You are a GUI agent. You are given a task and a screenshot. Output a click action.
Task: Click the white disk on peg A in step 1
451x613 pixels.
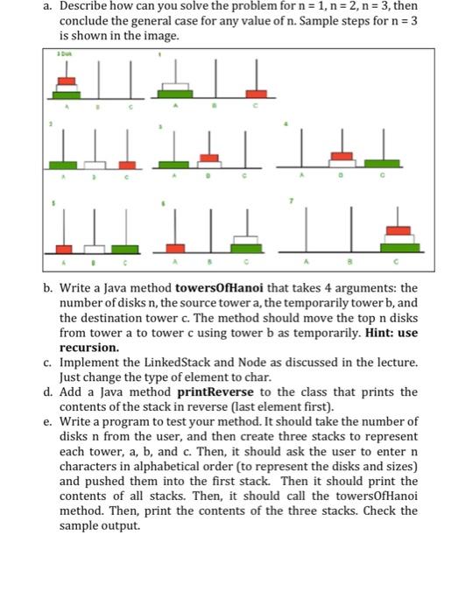(x=177, y=85)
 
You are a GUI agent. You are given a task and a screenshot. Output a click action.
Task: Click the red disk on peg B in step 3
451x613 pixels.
(x=208, y=158)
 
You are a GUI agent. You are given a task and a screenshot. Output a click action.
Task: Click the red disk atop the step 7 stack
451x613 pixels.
(x=398, y=230)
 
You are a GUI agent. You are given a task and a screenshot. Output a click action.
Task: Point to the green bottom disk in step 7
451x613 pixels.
(x=398, y=248)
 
